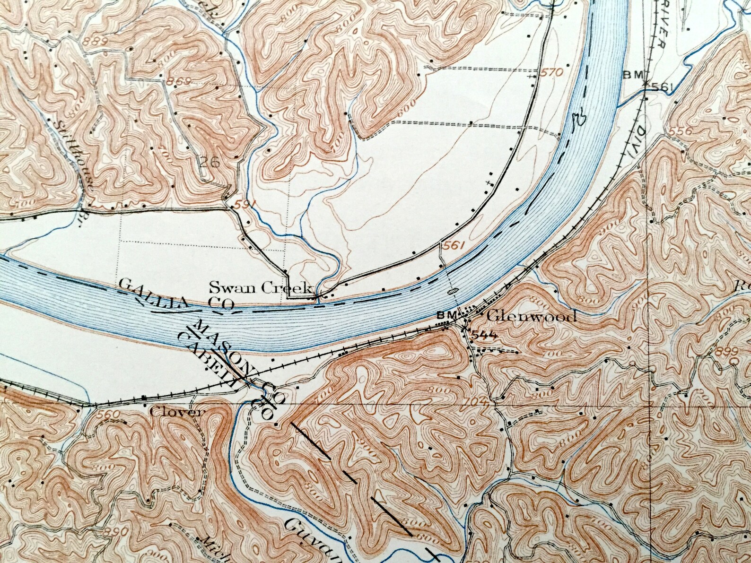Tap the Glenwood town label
pos(531,316)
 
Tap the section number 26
pos(210,164)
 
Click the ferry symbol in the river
pos(452,291)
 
